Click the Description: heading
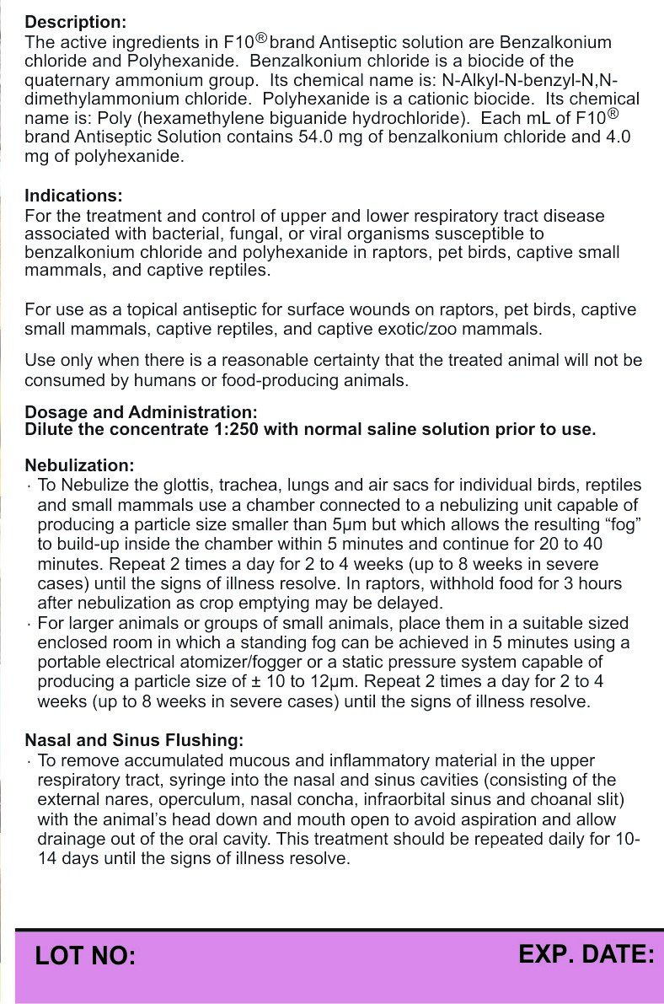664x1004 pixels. coord(76,21)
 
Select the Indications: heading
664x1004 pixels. coord(74,196)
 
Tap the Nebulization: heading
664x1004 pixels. coord(79,465)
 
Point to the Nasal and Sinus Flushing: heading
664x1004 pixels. coord(134,740)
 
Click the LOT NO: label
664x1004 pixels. coord(85,956)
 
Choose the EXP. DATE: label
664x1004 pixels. coord(586,954)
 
